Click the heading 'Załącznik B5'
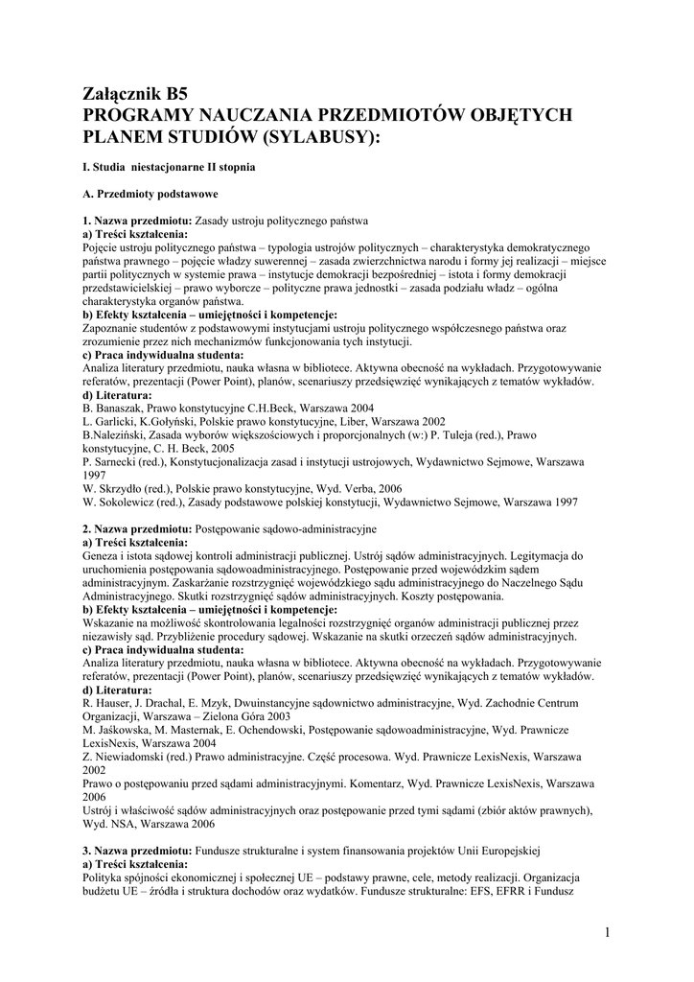point(135,94)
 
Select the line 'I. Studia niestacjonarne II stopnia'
point(169,167)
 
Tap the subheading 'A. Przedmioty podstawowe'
point(150,194)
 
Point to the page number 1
point(608,931)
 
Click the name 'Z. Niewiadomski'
point(125,757)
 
